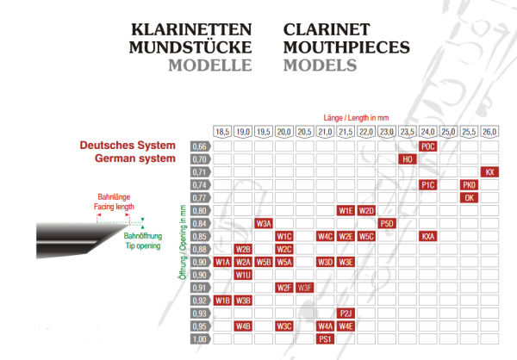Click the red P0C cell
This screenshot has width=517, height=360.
(428, 146)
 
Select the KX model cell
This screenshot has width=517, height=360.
(490, 172)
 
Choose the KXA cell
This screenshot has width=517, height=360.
(428, 236)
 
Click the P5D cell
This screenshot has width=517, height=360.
(387, 223)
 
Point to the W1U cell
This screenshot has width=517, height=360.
(243, 275)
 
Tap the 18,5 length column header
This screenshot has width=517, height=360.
(222, 132)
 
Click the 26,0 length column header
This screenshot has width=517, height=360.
(489, 132)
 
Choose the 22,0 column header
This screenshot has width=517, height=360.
(366, 132)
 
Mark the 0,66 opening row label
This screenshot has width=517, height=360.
(200, 146)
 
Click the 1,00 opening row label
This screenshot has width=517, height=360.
(200, 339)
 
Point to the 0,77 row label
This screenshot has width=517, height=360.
(200, 198)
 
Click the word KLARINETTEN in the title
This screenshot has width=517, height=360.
(190, 28)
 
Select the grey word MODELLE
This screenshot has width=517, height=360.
(209, 65)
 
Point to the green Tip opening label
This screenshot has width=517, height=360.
(142, 245)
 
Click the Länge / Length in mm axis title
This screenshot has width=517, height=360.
(355, 116)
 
